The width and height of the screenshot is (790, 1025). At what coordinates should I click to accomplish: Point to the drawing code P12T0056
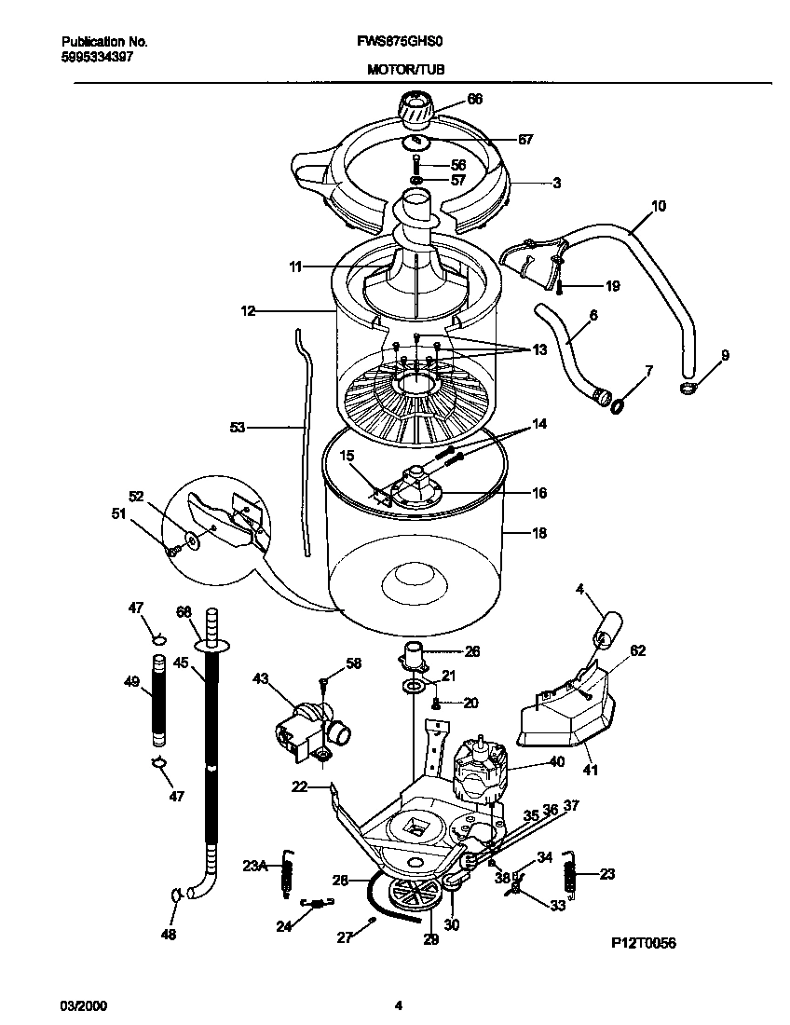pos(643,943)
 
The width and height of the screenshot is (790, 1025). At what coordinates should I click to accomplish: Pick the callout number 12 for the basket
pos(248,310)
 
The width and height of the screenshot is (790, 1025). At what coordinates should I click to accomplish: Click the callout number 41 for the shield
pos(591,770)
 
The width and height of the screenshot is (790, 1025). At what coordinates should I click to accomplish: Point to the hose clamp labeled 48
pos(175,895)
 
